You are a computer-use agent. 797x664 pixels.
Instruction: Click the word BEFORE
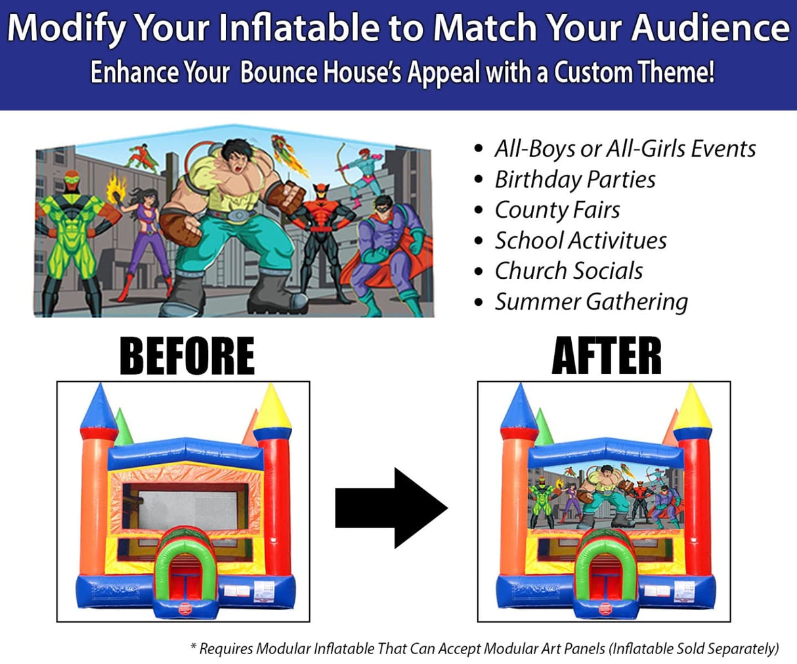[x=187, y=356]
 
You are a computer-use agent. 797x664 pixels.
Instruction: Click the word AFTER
[x=606, y=356]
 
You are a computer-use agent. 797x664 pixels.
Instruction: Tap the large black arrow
[x=391, y=507]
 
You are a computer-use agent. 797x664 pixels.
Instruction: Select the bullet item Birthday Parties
[x=574, y=179]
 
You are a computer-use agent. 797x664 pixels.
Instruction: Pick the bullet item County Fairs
[x=557, y=210]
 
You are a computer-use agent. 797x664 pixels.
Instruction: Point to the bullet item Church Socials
[x=569, y=271]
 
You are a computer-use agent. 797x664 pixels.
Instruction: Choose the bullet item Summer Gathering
[x=591, y=302]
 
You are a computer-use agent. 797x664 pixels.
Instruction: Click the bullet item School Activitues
[x=580, y=241]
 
